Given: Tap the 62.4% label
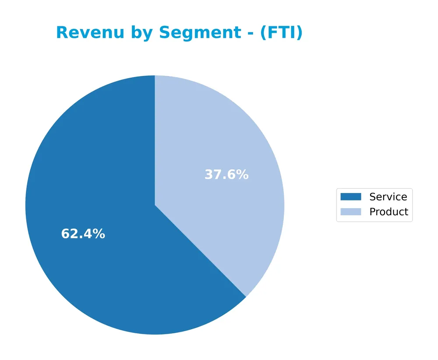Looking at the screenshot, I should click(x=83, y=234).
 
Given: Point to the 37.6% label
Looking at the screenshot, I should click(x=226, y=175).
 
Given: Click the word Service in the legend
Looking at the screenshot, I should click(x=388, y=197).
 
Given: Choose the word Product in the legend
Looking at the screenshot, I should click(x=389, y=212).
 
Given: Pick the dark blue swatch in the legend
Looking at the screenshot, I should click(x=351, y=197).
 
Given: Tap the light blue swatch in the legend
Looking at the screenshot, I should click(x=351, y=212).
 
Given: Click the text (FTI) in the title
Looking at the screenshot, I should click(x=281, y=33).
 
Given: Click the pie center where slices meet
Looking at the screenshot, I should click(x=155, y=205).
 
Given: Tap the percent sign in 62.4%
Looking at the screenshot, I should click(x=99, y=234).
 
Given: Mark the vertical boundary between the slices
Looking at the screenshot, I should click(x=155, y=140).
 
